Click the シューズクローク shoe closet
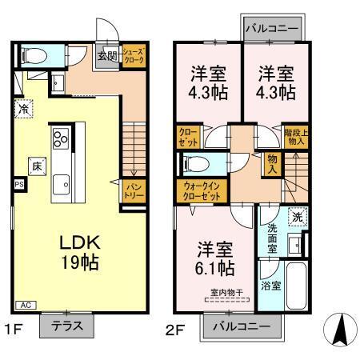[x=133, y=58]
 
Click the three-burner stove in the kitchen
[x=61, y=140]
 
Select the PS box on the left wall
[x=18, y=183]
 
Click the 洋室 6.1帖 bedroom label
[x=214, y=256]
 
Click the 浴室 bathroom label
[x=270, y=284]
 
